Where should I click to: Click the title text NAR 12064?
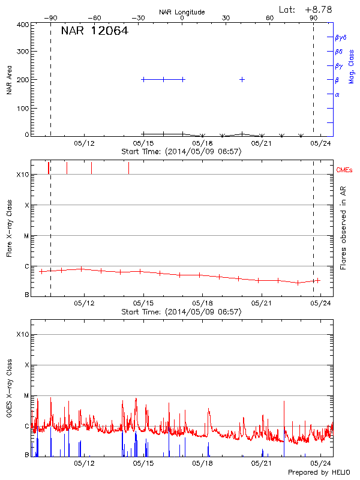point(95,31)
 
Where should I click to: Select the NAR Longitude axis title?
point(182,12)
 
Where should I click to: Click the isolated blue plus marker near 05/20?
point(242,79)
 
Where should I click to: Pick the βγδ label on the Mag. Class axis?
point(340,37)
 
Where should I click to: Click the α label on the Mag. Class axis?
point(337,94)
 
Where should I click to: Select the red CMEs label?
point(345,170)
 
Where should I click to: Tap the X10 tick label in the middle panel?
point(23,175)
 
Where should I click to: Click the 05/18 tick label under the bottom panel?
point(202,463)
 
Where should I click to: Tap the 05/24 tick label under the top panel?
point(320,143)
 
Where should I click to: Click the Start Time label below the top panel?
point(181,151)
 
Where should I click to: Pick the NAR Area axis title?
point(9,80)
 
